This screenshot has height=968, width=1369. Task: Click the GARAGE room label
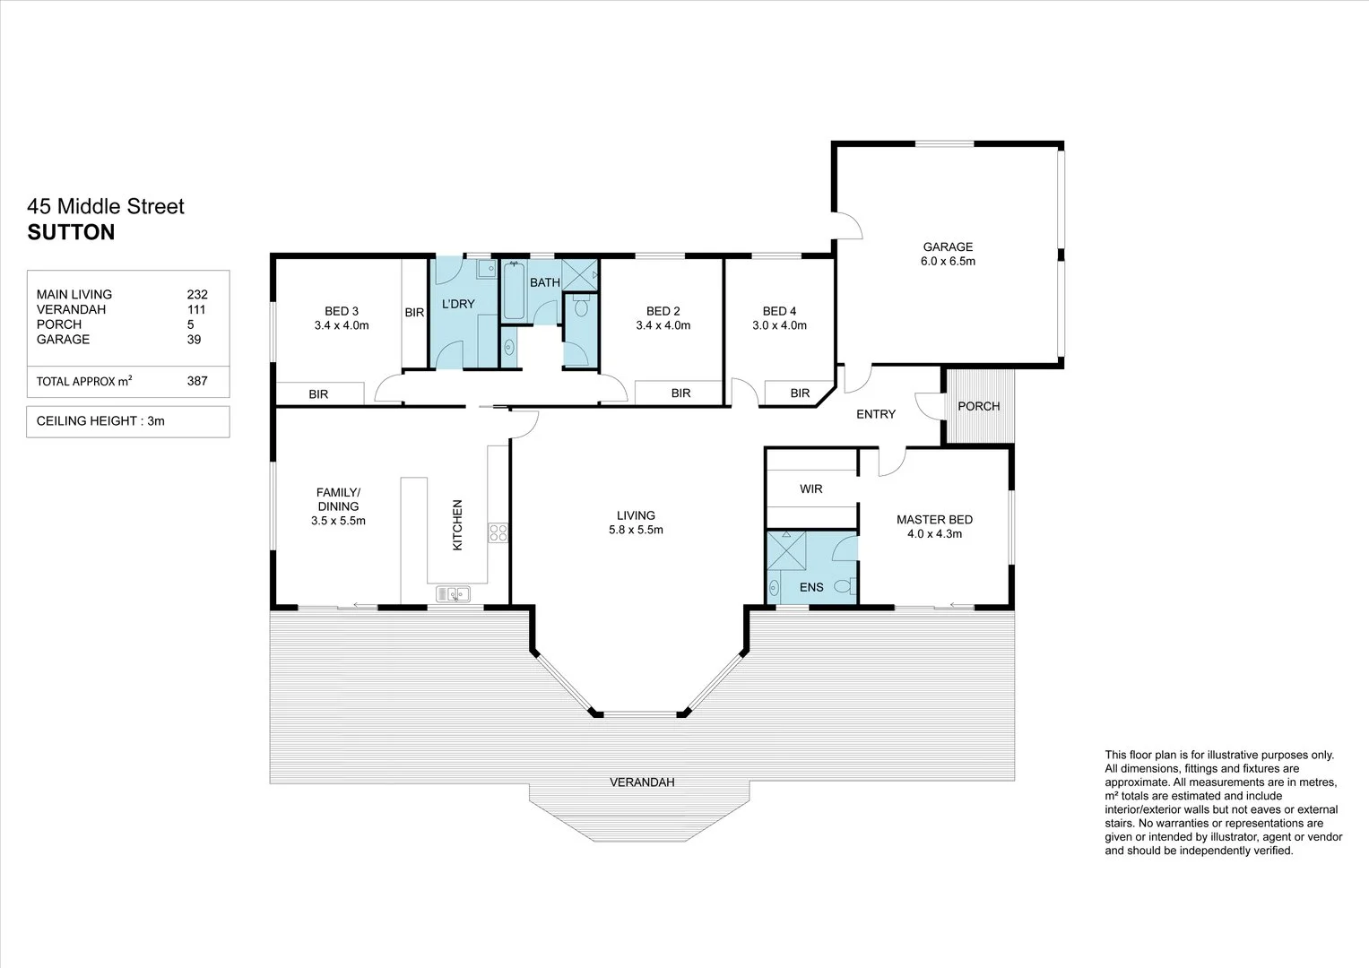pyautogui.click(x=948, y=246)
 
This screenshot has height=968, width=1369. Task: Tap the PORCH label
pyautogui.click(x=978, y=406)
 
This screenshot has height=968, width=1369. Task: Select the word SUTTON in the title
pyautogui.click(x=71, y=232)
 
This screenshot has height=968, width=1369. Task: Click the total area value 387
pyautogui.click(x=197, y=381)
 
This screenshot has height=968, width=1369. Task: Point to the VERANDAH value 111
pyautogui.click(x=197, y=309)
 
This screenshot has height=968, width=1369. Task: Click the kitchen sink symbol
pyautogui.click(x=454, y=593)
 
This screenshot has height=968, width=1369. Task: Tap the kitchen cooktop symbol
pyautogui.click(x=498, y=533)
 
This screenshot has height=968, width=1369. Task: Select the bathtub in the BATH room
pyautogui.click(x=514, y=290)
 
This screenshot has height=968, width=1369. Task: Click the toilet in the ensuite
pyautogui.click(x=842, y=587)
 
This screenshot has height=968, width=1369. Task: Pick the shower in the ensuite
pyautogui.click(x=786, y=549)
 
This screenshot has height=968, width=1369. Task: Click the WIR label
pyautogui.click(x=810, y=489)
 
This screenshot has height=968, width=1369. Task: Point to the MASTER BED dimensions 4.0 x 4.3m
pyautogui.click(x=934, y=534)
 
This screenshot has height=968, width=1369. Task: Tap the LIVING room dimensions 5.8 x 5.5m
pyautogui.click(x=636, y=530)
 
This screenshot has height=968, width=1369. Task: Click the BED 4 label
pyautogui.click(x=779, y=311)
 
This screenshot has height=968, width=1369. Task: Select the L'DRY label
pyautogui.click(x=458, y=304)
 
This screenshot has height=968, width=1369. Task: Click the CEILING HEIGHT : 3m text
pyautogui.click(x=100, y=420)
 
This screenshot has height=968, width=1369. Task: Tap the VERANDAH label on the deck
pyautogui.click(x=642, y=782)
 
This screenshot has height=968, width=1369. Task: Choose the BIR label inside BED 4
pyautogui.click(x=800, y=393)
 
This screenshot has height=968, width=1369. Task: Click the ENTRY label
pyautogui.click(x=875, y=414)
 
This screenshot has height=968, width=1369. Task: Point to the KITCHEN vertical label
pyautogui.click(x=456, y=524)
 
